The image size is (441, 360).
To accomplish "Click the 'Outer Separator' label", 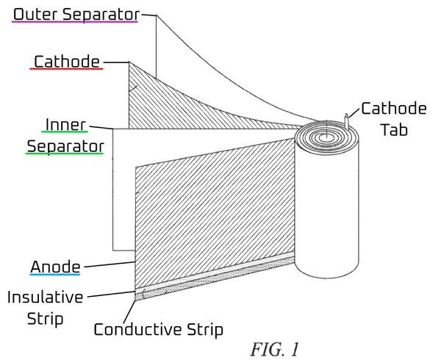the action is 76,15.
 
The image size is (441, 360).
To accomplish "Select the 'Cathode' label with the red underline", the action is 67,61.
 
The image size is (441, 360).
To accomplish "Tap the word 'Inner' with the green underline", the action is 65,124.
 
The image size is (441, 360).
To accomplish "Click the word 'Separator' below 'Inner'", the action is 65,147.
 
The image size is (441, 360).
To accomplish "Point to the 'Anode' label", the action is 55,267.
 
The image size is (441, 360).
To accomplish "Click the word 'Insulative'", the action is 45,297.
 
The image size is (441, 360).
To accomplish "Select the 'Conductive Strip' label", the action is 158,329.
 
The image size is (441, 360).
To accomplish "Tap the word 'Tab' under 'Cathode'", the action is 394,129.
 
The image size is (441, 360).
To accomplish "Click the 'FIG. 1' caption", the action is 274,349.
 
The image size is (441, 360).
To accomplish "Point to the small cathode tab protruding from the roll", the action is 347,121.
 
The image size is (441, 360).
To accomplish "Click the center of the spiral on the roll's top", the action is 326,137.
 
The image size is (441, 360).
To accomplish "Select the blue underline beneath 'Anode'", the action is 55,274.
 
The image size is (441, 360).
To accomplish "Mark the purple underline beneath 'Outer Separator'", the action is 75,21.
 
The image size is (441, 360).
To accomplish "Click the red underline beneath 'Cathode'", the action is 66,68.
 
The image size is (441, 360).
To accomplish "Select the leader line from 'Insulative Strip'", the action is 112,294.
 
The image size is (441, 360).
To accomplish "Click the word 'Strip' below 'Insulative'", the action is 45,319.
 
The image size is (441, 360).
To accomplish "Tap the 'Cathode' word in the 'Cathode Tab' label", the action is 394,109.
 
